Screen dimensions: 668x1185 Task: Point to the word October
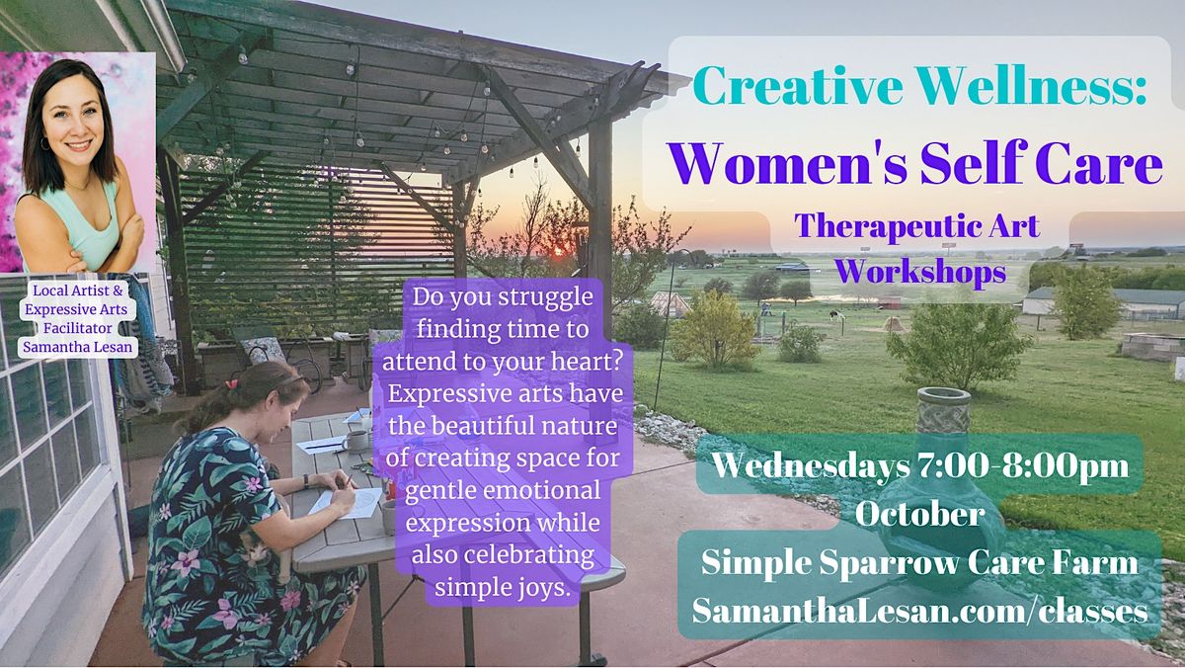pos(919,514)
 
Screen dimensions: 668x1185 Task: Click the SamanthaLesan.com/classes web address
pos(919,611)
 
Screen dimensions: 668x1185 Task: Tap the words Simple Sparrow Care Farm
pos(919,563)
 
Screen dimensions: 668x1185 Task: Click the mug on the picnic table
pos(355,441)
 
